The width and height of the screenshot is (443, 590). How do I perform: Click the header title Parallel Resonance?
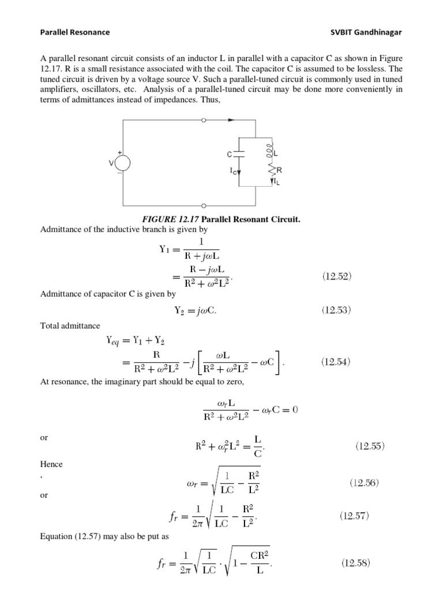click(x=74, y=32)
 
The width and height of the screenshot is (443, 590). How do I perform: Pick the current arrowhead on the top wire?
click(x=232, y=121)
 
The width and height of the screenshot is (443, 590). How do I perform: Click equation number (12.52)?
click(x=336, y=276)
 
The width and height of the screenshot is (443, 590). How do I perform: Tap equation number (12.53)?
click(x=336, y=310)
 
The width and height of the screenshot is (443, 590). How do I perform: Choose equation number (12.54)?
click(x=336, y=362)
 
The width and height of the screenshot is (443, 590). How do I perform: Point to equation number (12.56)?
click(x=365, y=483)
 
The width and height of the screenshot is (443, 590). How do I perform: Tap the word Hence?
click(x=51, y=464)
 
